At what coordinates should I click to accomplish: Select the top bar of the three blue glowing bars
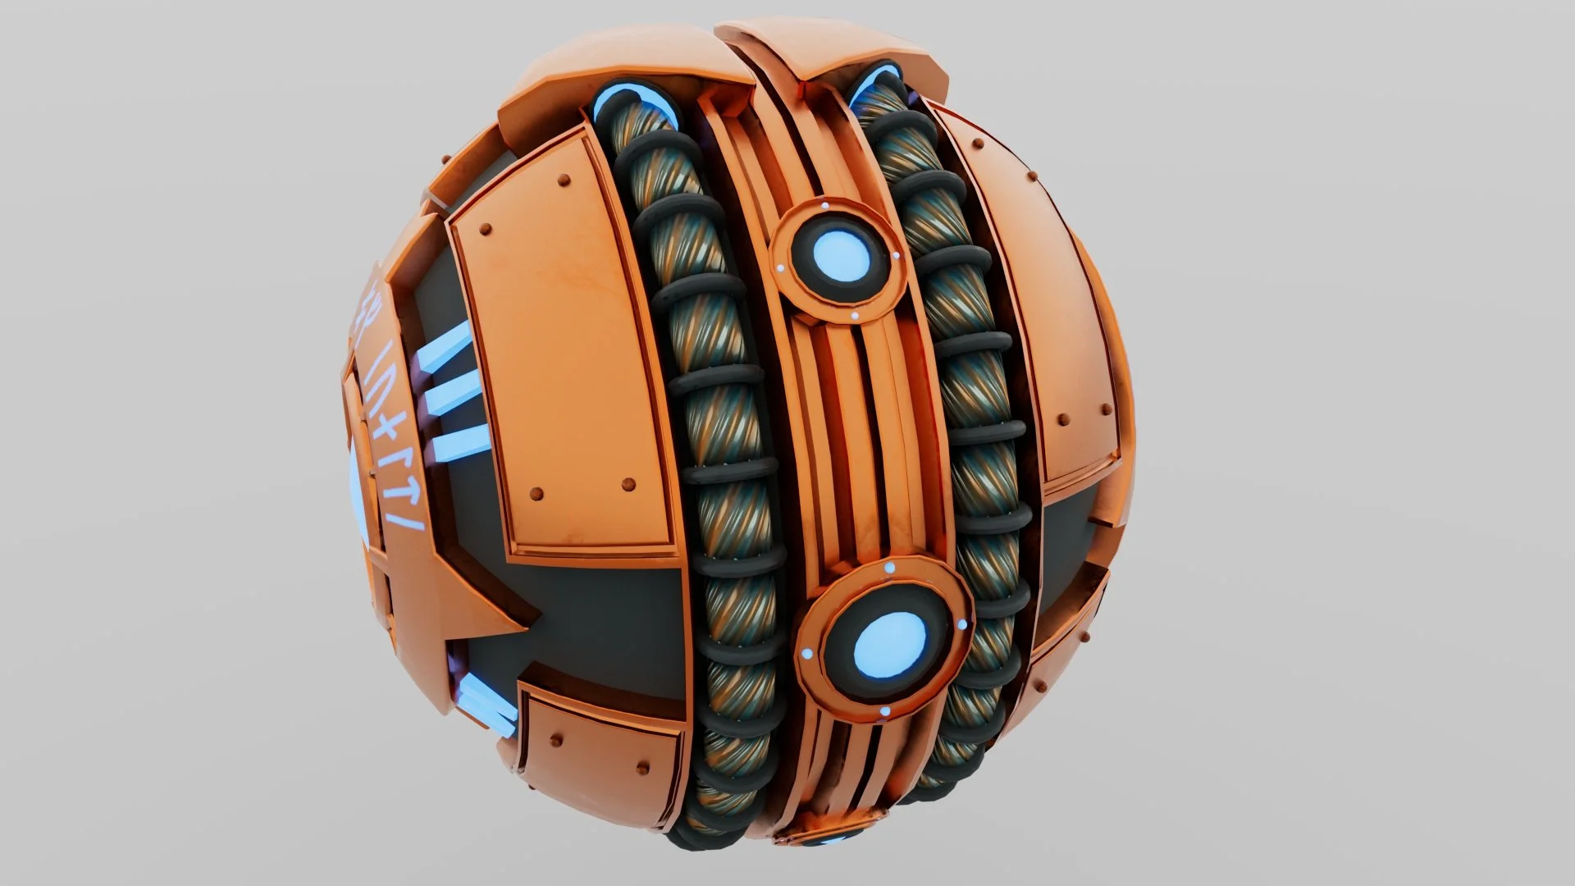click(446, 348)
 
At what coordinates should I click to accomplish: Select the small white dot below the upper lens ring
click(854, 315)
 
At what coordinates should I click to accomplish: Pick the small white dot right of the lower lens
click(961, 625)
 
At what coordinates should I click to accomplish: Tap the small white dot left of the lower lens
click(807, 654)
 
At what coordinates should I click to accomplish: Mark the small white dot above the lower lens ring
click(889, 568)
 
